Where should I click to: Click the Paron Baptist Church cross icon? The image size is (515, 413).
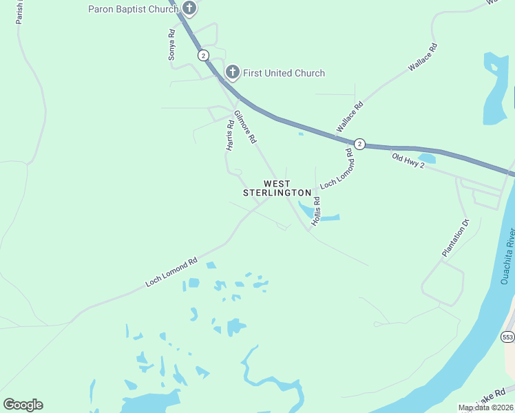189,9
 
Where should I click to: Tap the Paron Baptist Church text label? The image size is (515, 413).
134,9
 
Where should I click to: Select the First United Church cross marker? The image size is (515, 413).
233,72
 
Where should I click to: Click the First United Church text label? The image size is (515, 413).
284,73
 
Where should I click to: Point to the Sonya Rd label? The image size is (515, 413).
172,45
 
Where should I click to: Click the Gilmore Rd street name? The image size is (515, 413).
245,127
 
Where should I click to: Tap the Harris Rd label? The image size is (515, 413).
230,136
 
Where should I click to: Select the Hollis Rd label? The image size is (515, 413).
316,211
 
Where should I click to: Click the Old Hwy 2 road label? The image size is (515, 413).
408,161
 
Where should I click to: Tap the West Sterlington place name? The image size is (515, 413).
277,188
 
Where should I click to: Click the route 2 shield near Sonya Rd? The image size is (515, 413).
202,55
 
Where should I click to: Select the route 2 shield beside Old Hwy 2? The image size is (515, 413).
359,143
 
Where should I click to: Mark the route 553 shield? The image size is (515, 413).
507,337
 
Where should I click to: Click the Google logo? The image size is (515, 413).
23,404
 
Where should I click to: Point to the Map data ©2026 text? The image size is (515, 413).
485,407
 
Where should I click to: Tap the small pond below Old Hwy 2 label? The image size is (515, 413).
426,158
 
